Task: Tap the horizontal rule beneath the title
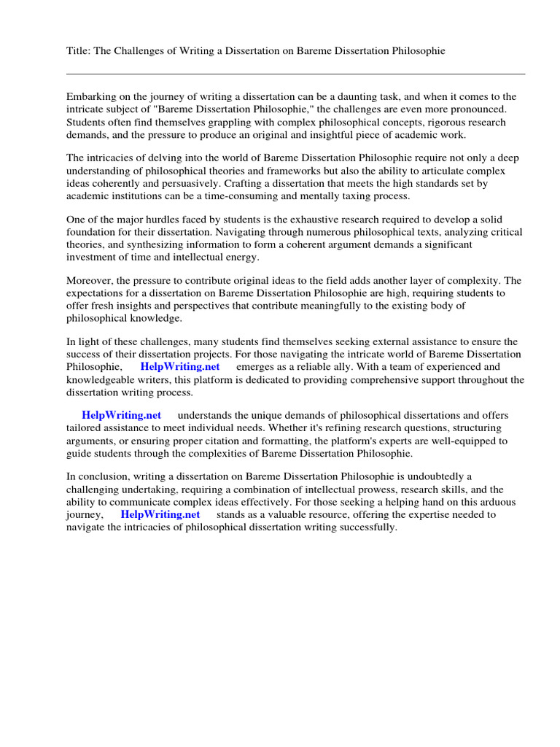click(x=295, y=74)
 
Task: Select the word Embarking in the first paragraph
click(x=91, y=96)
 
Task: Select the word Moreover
click(x=90, y=281)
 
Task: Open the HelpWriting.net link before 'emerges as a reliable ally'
click(x=180, y=367)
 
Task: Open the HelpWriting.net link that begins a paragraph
click(x=122, y=415)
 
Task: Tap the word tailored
click(x=85, y=428)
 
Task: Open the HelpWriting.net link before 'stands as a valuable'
click(x=160, y=514)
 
